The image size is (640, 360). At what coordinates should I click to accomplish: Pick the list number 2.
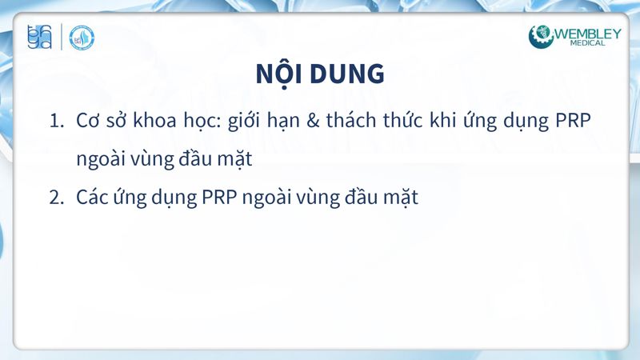[56, 198]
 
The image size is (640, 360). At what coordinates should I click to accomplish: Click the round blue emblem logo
[82, 37]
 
